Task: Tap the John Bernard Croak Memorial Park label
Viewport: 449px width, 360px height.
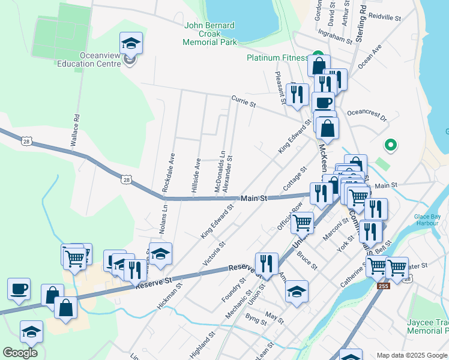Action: pyautogui.click(x=211, y=34)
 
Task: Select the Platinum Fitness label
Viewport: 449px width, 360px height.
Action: pyautogui.click(x=277, y=58)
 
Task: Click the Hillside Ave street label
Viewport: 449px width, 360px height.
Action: pyautogui.click(x=195, y=175)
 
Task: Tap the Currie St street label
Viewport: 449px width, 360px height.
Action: pyautogui.click(x=243, y=100)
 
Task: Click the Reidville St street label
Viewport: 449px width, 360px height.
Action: pyautogui.click(x=384, y=19)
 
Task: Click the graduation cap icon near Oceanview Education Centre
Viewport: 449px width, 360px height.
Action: pyautogui.click(x=130, y=44)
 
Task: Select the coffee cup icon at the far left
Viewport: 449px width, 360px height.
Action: pyautogui.click(x=19, y=289)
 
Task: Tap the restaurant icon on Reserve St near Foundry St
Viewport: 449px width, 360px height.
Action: pyautogui.click(x=266, y=263)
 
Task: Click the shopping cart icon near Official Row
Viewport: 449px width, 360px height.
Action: pyautogui.click(x=302, y=222)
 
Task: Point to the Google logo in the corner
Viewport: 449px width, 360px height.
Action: pyautogui.click(x=20, y=353)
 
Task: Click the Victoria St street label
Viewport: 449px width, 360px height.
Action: pyautogui.click(x=214, y=253)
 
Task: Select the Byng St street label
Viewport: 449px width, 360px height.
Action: pyautogui.click(x=256, y=322)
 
